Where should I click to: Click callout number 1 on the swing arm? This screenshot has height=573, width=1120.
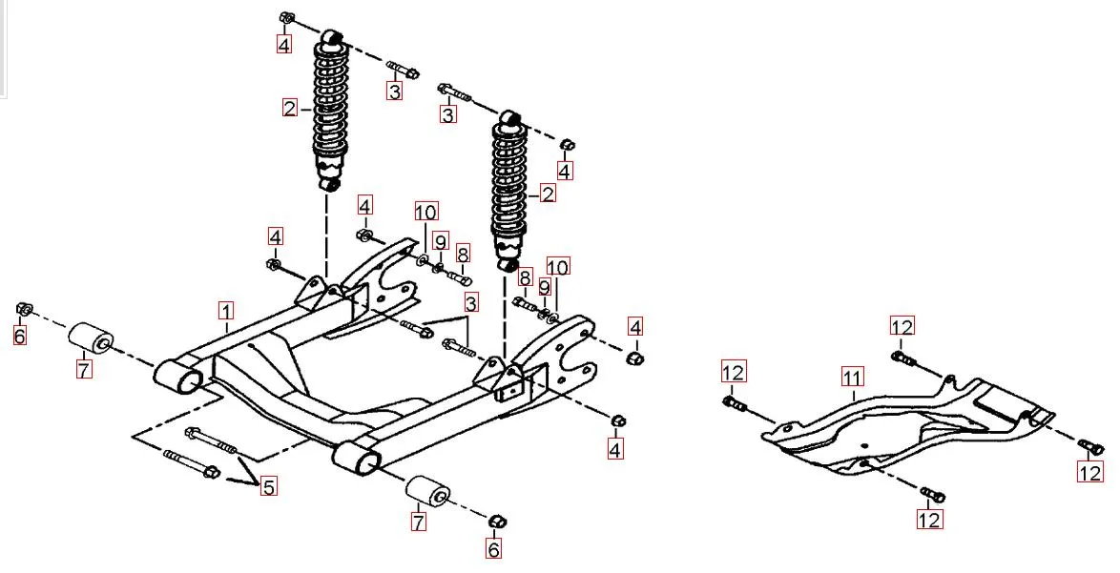click(x=226, y=311)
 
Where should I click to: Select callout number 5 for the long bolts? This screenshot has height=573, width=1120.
click(x=269, y=486)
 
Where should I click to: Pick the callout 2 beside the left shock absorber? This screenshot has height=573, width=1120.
click(x=290, y=108)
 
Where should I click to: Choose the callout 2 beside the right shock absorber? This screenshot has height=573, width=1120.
click(x=548, y=194)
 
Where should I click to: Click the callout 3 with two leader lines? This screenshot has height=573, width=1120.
click(x=471, y=303)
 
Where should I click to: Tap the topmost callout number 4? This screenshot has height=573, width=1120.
click(x=284, y=43)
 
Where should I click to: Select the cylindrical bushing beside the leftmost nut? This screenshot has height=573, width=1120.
click(x=91, y=340)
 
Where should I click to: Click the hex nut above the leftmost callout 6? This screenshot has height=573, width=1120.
click(x=25, y=309)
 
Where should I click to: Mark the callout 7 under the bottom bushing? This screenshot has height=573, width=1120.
click(x=417, y=522)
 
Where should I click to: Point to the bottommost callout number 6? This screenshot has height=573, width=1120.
click(x=493, y=549)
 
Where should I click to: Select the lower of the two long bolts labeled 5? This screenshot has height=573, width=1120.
click(x=192, y=463)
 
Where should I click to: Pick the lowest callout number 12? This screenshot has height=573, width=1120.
click(x=929, y=520)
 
